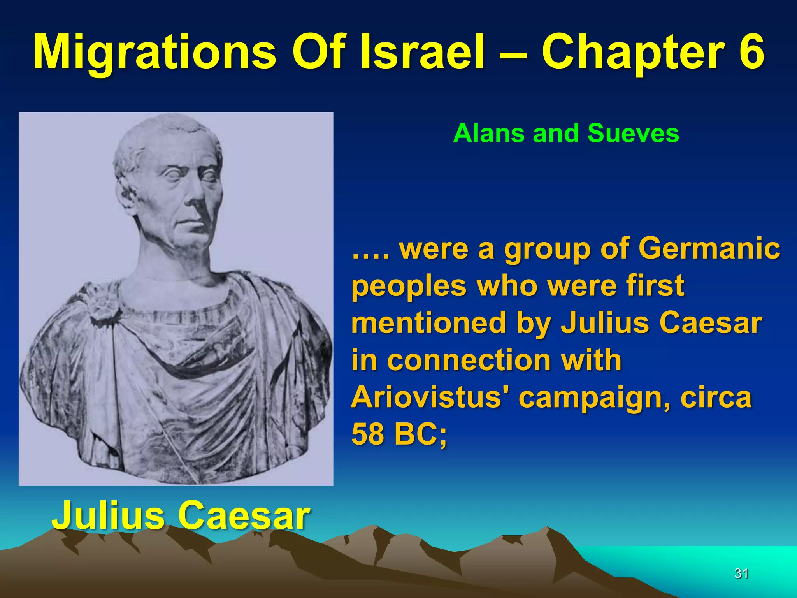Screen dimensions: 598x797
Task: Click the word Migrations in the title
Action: (x=154, y=53)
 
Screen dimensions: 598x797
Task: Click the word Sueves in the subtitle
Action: (x=633, y=133)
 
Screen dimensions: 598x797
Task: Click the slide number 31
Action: (x=741, y=573)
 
